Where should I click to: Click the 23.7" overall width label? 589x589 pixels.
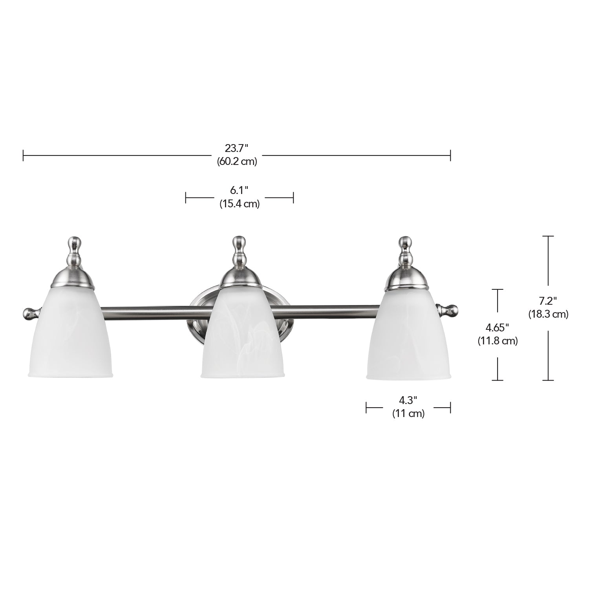tap(237, 148)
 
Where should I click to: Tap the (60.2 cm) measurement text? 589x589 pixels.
tap(237, 161)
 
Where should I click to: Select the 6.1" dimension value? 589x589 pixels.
tap(240, 190)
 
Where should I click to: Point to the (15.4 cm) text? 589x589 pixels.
tap(240, 204)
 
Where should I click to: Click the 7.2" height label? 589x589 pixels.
tap(548, 301)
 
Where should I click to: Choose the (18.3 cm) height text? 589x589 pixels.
tap(548, 315)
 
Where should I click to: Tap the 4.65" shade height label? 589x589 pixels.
tap(498, 327)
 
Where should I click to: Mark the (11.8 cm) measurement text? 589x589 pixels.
tap(498, 341)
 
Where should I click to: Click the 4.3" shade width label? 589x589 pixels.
tap(408, 400)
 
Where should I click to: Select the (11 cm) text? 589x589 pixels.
tap(408, 413)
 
